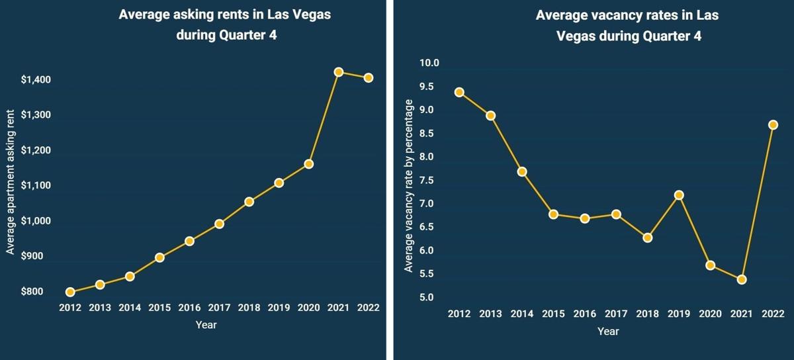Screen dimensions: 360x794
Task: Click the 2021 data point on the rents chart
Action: click(338, 71)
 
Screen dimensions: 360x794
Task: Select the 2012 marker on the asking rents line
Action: click(70, 292)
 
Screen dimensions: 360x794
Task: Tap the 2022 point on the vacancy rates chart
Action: click(773, 124)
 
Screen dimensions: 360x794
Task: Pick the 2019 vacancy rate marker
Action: click(679, 195)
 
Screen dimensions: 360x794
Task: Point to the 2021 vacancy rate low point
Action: click(742, 279)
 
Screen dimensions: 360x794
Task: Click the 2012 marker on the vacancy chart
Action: click(459, 92)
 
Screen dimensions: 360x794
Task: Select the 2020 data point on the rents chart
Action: click(308, 163)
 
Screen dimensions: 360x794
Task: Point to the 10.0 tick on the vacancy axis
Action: click(429, 64)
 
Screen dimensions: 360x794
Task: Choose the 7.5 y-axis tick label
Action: click(429, 181)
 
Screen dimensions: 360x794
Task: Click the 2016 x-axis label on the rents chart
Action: click(189, 308)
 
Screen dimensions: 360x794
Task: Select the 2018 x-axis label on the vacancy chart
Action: click(647, 314)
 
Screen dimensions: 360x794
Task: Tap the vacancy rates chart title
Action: click(627, 26)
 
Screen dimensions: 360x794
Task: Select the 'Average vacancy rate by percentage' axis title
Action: click(409, 186)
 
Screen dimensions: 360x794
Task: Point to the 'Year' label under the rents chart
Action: click(206, 325)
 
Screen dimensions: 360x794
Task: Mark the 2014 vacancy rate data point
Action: click(521, 171)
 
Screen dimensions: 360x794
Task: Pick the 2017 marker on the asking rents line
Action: click(219, 224)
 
